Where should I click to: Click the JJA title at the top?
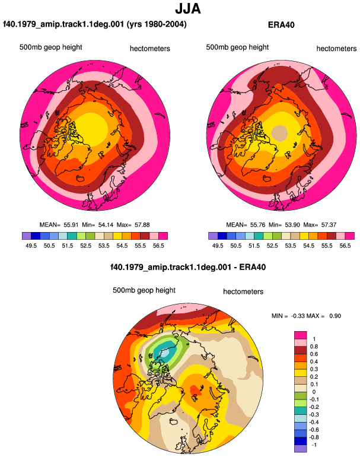(188, 9)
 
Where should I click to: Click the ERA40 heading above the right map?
(281, 25)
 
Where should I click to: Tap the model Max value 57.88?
(142, 225)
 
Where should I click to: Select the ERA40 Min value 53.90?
(292, 225)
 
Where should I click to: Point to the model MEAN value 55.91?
(71, 225)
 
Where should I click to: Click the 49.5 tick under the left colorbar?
(31, 246)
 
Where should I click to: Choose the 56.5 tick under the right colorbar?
(345, 246)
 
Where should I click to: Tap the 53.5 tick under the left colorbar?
(104, 246)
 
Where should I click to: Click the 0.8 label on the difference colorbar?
(314, 346)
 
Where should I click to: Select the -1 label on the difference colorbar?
(314, 445)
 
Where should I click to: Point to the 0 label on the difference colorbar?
(314, 392)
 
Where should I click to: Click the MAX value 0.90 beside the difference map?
(335, 316)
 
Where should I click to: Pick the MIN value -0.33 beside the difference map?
(298, 316)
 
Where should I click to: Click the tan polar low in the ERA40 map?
(279, 133)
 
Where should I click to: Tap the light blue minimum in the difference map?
(165, 353)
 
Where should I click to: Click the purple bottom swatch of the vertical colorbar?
(301, 449)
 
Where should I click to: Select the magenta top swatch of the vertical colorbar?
(301, 335)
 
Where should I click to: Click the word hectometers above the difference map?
(243, 291)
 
